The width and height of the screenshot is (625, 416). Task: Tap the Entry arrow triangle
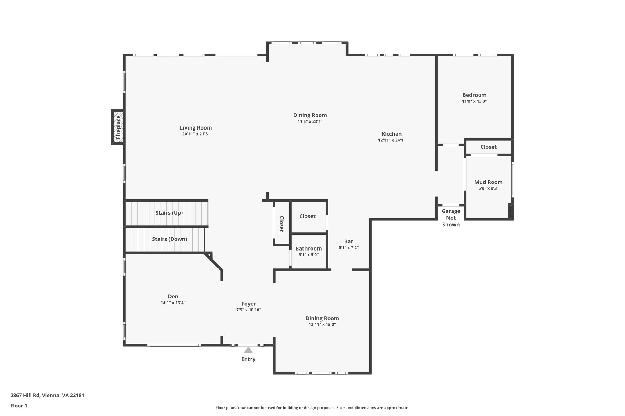click(248, 350)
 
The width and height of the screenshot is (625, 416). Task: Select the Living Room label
click(196, 128)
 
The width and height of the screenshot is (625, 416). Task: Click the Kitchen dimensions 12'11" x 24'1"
click(392, 140)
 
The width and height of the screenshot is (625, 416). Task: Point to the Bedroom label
click(474, 95)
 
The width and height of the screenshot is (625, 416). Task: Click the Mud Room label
click(488, 182)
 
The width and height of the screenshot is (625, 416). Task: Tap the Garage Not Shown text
click(451, 218)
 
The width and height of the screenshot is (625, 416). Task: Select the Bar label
click(349, 241)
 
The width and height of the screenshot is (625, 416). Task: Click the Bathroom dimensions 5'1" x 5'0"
click(309, 255)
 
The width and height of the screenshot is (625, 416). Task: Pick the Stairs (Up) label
click(169, 213)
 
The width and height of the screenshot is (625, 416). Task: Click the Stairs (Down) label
click(169, 239)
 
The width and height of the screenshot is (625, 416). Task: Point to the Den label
click(173, 297)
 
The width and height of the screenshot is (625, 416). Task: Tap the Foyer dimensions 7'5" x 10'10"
click(248, 310)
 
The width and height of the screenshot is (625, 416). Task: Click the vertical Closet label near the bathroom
click(281, 224)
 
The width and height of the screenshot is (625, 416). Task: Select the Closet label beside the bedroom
click(488, 147)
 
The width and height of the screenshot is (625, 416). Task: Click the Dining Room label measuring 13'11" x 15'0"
click(322, 318)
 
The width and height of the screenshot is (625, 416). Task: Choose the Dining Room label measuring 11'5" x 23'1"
click(310, 115)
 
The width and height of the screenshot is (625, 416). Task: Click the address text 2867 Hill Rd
click(47, 396)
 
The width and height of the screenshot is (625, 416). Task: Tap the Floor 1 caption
click(19, 406)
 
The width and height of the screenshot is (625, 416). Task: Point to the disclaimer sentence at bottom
click(312, 408)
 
